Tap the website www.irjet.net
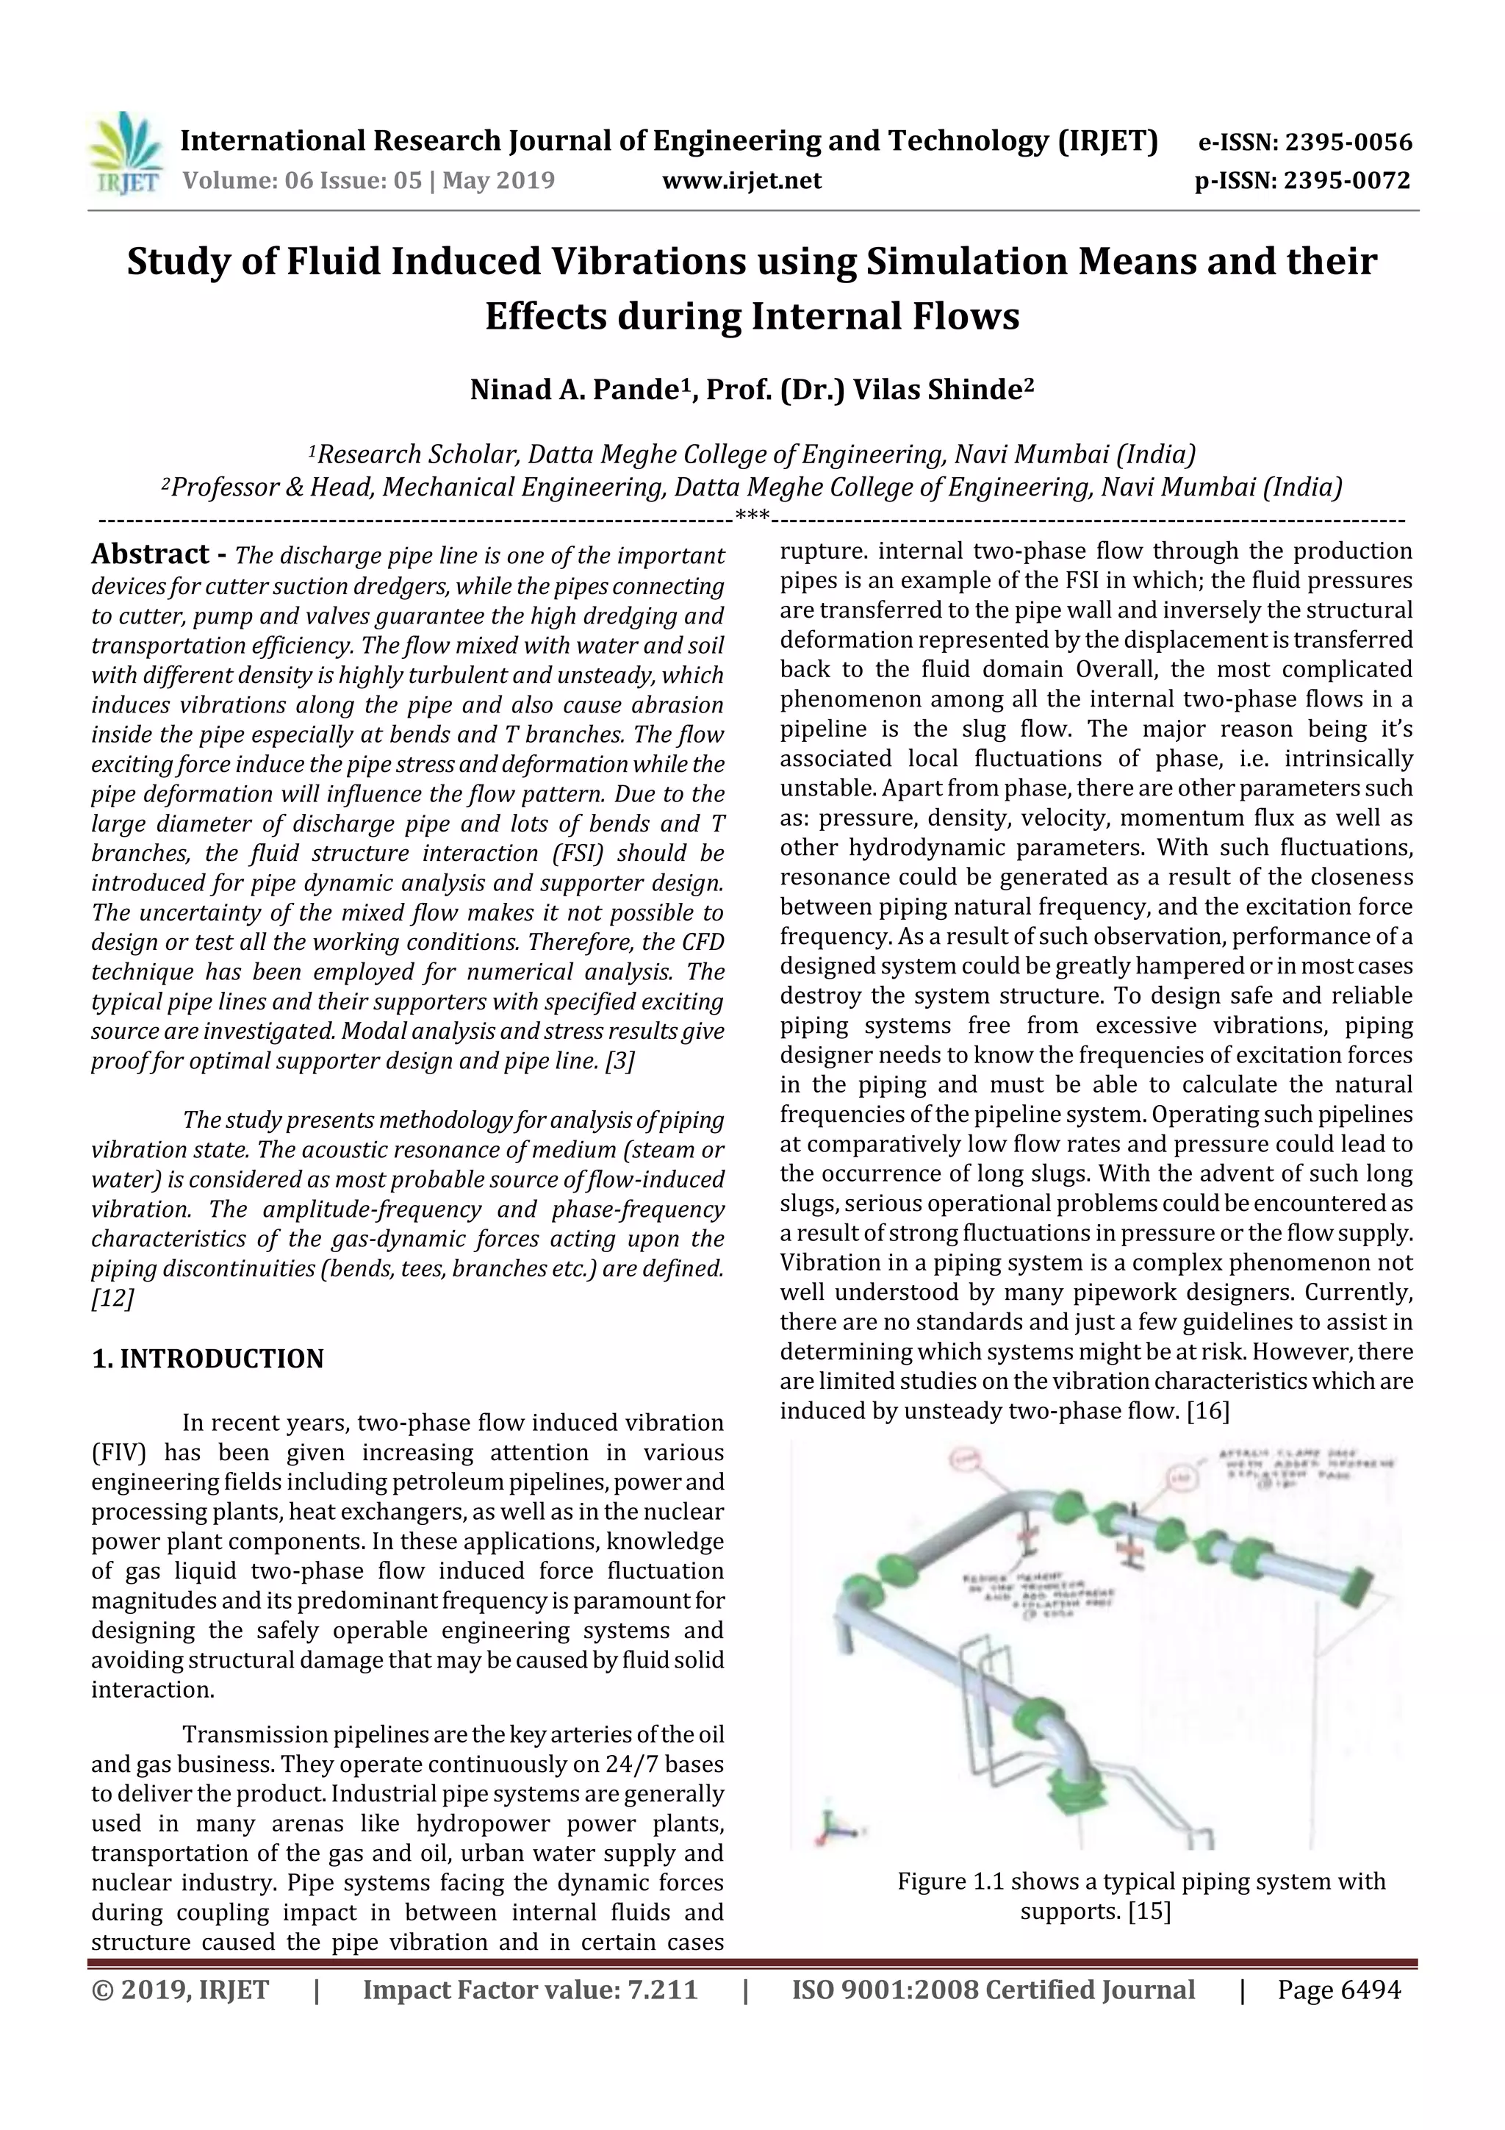(x=741, y=180)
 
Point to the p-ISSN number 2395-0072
(x=1346, y=180)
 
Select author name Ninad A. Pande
(x=575, y=390)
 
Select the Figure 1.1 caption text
(x=1141, y=1896)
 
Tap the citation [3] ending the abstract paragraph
(x=619, y=1061)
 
